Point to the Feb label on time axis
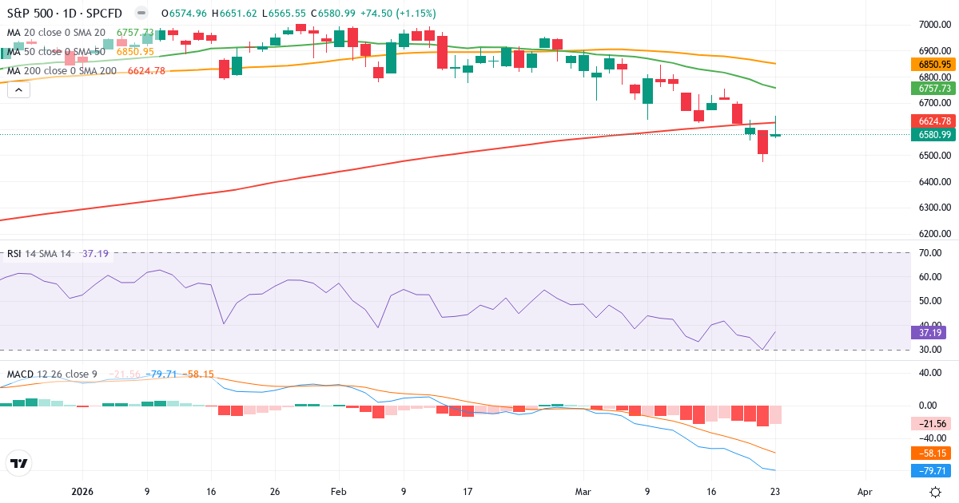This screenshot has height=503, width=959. pos(338,492)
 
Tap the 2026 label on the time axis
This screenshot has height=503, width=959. pos(82,492)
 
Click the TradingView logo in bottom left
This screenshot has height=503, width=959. pos(19,463)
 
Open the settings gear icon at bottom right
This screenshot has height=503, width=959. pos(935,492)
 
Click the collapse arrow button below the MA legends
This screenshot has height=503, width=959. pos(18,90)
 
